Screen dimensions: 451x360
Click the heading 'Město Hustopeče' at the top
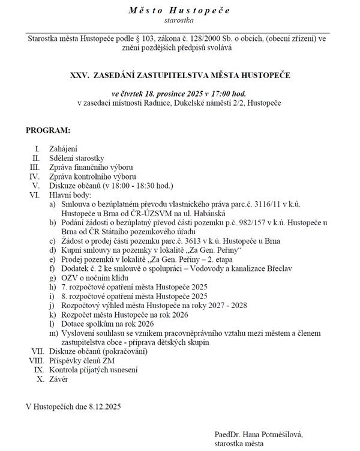pos(179,10)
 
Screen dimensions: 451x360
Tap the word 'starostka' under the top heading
pos(179,20)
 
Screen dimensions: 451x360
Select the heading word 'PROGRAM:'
pos(48,130)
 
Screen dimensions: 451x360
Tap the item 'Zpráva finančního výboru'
pos(91,167)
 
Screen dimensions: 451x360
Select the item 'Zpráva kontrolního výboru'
pos(93,177)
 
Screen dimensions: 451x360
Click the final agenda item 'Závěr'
pos(59,380)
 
